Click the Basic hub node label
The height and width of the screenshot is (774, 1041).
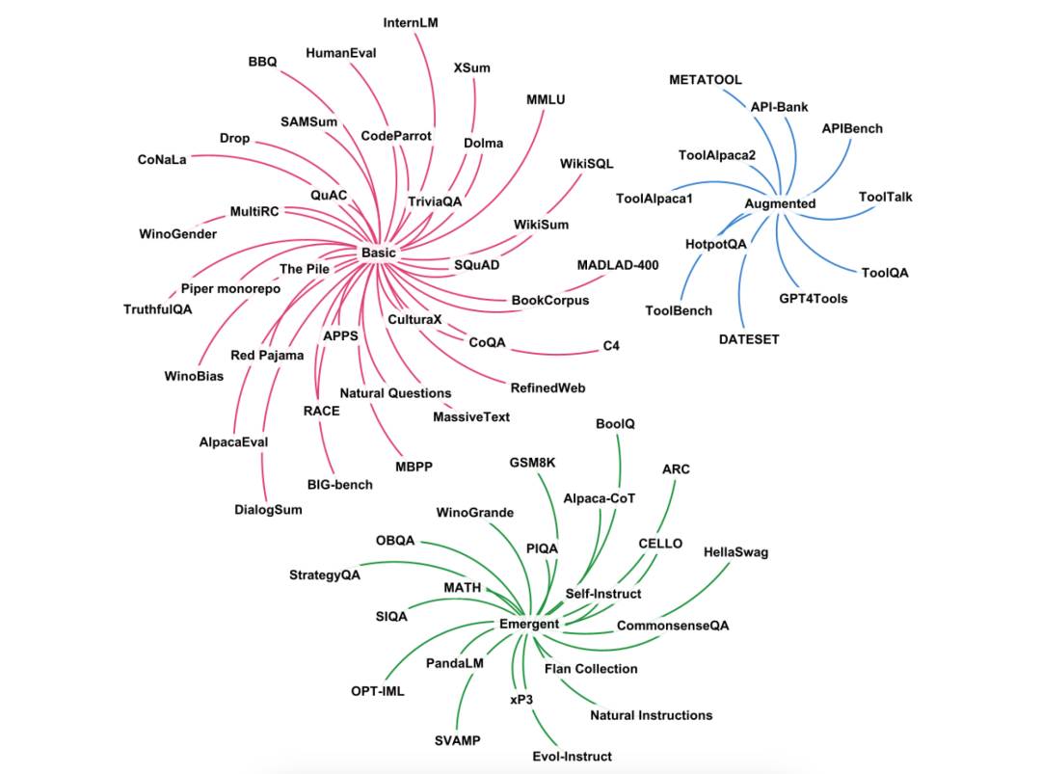coord(379,253)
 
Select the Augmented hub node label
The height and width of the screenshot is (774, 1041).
coord(780,203)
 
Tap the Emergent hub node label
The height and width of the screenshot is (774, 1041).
coord(529,624)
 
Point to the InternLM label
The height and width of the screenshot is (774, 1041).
coord(411,22)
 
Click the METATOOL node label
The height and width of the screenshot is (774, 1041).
coord(705,80)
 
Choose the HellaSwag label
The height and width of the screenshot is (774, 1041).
coord(735,552)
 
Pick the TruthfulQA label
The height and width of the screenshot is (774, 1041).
coord(157,309)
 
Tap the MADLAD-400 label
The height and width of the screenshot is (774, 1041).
coord(618,265)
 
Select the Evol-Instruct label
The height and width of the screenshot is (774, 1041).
coord(572,756)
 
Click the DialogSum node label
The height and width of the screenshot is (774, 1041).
coord(268,510)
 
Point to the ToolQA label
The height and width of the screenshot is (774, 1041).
coord(885,273)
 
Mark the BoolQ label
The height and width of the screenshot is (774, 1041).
coord(615,424)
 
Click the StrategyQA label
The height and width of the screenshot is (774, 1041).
coord(325,574)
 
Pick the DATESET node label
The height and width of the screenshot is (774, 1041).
coord(749,339)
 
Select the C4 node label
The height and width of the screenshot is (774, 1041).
coord(611,346)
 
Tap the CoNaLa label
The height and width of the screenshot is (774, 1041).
coord(162,160)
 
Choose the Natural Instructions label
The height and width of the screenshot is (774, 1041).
coord(652,715)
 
